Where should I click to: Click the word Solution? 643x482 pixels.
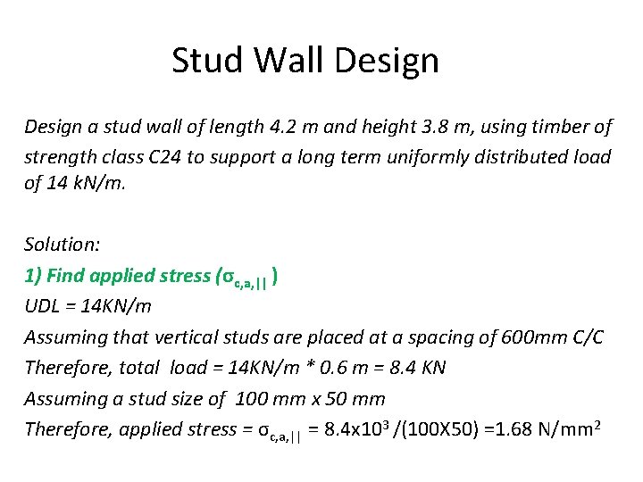click(x=60, y=245)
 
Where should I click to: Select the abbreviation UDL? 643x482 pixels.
click(x=42, y=306)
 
